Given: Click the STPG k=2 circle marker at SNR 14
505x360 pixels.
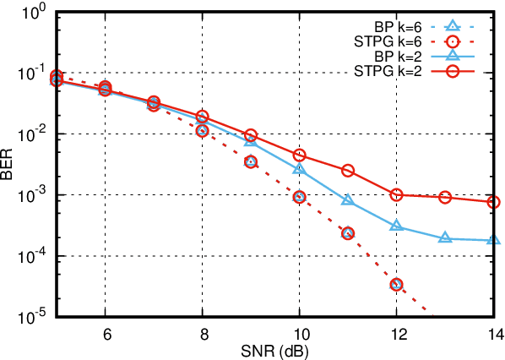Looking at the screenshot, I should tap(494, 202).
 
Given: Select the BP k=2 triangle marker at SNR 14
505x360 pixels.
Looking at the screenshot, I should tap(494, 241).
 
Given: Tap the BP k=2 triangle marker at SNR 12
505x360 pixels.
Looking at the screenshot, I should tap(397, 226).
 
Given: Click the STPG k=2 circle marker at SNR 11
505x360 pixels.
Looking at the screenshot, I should tap(348, 170).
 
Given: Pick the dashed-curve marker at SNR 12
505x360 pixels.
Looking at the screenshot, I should tap(397, 284).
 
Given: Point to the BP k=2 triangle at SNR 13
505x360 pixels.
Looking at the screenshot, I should tap(445, 238).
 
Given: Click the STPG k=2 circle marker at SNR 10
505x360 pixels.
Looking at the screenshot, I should tap(299, 155).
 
